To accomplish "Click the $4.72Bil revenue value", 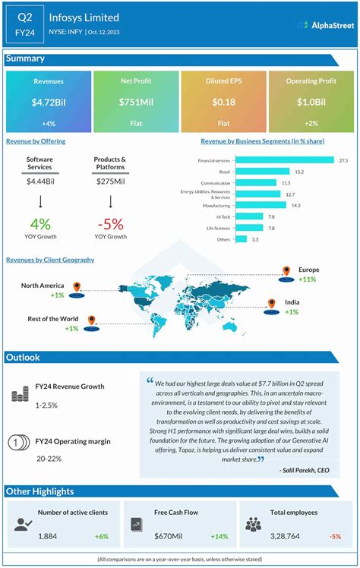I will click(x=49, y=102).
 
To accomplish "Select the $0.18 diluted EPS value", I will click(x=224, y=102).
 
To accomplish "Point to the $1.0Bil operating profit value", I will click(x=311, y=102).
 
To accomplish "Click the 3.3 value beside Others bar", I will click(x=255, y=239).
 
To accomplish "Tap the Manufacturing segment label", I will click(x=216, y=206).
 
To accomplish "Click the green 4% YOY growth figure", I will click(x=40, y=224).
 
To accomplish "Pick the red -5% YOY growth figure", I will click(x=110, y=224).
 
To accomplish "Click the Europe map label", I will click(x=308, y=270).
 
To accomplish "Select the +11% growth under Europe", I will click(x=308, y=279).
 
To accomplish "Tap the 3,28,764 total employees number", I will click(x=281, y=537).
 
